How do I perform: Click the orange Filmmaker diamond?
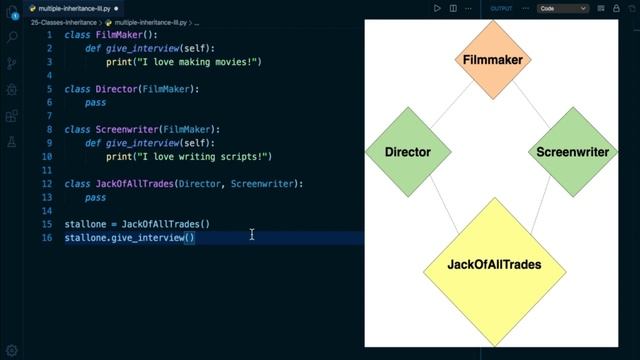point(493,60)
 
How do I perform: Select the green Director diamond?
point(408,153)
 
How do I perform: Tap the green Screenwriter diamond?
point(572,153)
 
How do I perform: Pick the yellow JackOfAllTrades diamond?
point(494,266)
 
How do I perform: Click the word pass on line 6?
point(95,102)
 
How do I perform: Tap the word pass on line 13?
point(95,198)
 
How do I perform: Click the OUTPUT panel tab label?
point(500,8)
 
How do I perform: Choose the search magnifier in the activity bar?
point(12,38)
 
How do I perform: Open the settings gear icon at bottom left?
point(12,349)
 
